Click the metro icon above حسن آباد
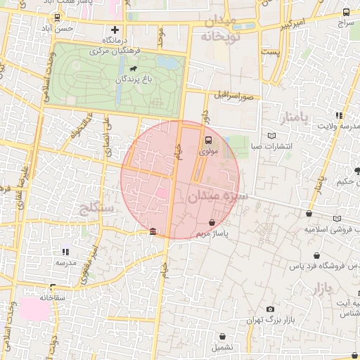tap(56, 17)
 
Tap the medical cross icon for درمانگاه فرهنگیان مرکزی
tap(115, 30)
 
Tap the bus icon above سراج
tap(346, 12)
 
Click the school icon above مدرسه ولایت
tap(339, 115)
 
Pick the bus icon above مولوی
tap(208, 139)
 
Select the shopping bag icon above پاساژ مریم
tap(212, 222)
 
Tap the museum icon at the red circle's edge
tap(153, 233)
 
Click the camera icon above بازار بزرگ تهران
tap(270, 309)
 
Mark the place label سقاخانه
tap(52, 297)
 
